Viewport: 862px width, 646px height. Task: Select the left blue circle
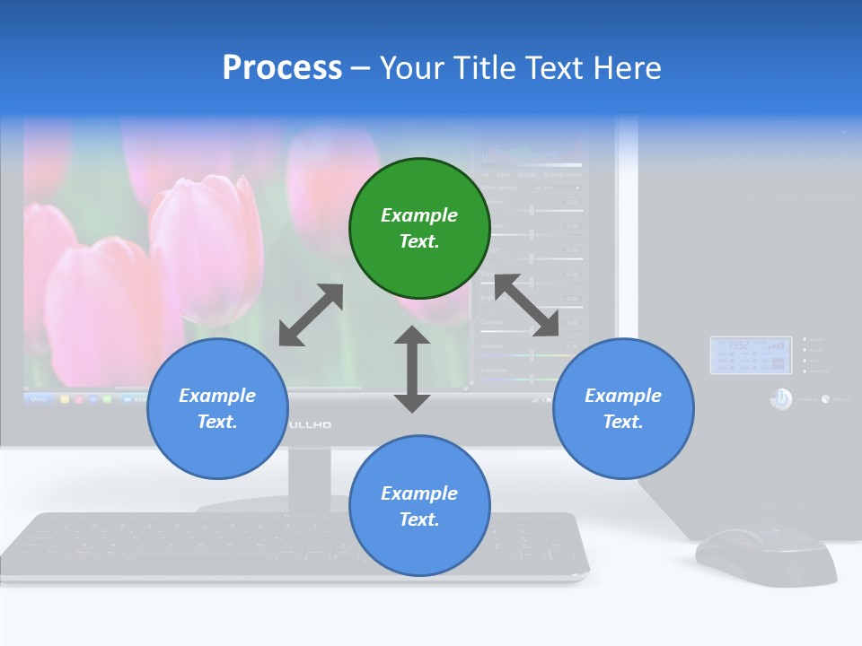tap(217, 408)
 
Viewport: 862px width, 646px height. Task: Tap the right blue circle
tap(623, 408)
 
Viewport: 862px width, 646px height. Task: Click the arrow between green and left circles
tap(311, 315)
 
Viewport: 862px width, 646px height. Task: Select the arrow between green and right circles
tap(527, 305)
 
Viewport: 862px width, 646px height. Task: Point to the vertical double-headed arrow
tap(412, 369)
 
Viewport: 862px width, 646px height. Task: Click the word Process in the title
tap(282, 67)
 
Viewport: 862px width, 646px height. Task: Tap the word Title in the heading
tap(483, 67)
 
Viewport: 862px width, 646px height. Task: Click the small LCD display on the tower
tap(748, 355)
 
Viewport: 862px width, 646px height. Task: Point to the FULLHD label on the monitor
tap(311, 423)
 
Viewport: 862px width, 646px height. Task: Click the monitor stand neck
tap(310, 476)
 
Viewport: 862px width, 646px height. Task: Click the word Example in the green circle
tap(419, 215)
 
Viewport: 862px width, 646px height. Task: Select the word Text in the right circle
tap(621, 422)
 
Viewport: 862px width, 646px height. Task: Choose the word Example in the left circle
tap(217, 396)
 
